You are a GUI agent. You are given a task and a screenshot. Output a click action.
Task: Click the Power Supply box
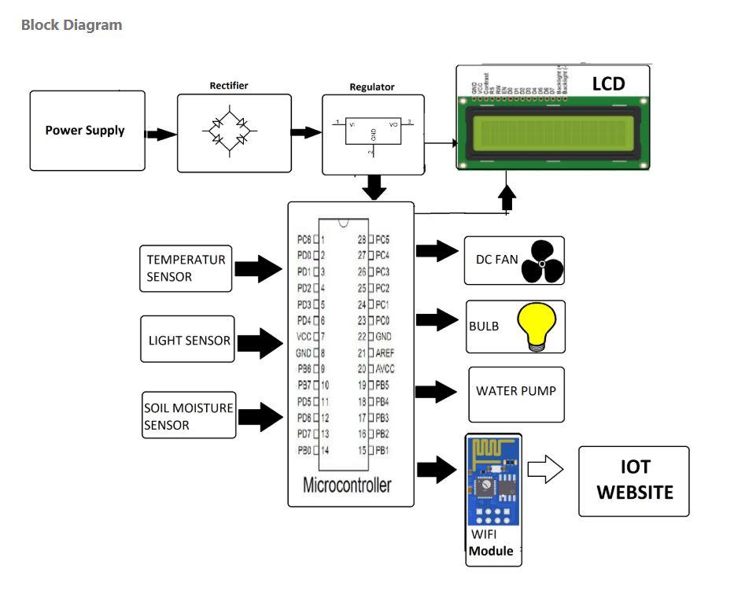click(x=87, y=131)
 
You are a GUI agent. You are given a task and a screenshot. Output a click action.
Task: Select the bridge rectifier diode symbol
click(x=228, y=131)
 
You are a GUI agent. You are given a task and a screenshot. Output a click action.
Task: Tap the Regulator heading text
click(x=372, y=87)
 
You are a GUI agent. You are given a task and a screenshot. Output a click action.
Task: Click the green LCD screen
click(x=551, y=128)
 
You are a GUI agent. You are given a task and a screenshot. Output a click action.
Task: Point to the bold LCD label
click(x=607, y=83)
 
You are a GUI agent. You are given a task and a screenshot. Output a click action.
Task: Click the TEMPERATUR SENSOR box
click(x=186, y=268)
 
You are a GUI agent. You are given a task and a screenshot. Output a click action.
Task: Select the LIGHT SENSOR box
click(x=188, y=340)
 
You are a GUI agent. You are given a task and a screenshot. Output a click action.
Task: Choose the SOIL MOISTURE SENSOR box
click(x=189, y=416)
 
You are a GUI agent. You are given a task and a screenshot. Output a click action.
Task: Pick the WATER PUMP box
click(x=516, y=392)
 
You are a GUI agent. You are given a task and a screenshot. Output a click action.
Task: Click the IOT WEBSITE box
click(x=634, y=480)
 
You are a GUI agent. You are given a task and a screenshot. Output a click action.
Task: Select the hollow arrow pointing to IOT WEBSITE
click(x=545, y=471)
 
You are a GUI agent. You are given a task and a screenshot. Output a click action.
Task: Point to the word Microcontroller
click(x=347, y=485)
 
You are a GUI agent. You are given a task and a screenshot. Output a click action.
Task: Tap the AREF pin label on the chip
click(x=385, y=353)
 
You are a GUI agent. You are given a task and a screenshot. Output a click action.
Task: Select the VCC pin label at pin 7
click(x=304, y=336)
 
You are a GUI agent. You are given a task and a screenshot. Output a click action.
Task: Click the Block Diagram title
click(x=72, y=24)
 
